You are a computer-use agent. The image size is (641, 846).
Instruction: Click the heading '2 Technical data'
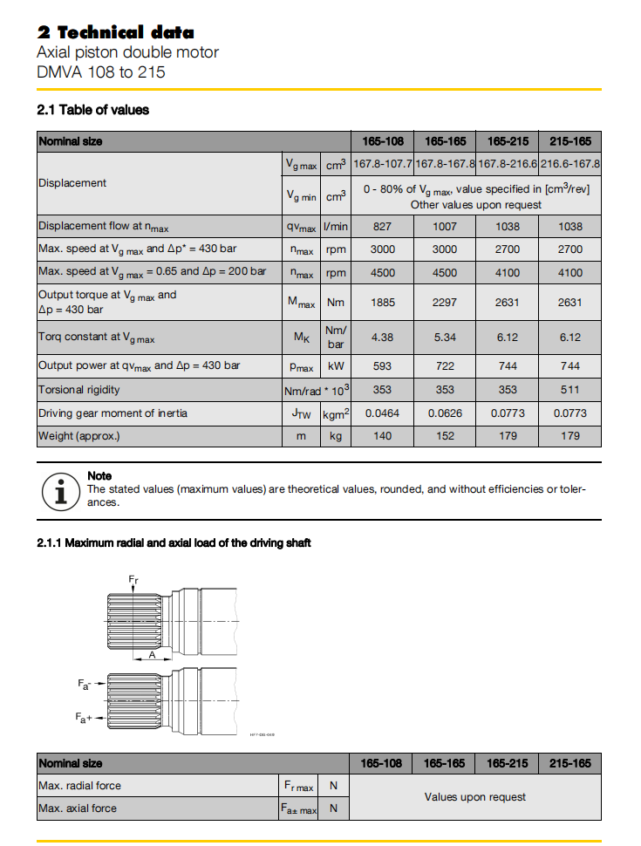coord(115,32)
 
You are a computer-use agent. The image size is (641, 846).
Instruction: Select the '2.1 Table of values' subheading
coord(92,110)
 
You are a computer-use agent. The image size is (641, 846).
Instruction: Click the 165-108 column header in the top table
coord(382,141)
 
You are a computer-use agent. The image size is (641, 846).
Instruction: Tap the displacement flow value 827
coord(382,226)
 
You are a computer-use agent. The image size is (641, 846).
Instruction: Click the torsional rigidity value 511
coord(570,390)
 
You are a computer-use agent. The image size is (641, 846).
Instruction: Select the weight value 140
coord(382,435)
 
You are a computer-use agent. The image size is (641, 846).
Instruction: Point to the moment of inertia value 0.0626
coord(445,413)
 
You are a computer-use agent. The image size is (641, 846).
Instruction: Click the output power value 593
coord(382,366)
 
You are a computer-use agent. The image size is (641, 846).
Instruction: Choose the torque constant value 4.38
coord(382,337)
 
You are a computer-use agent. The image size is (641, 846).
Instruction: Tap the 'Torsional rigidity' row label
coord(79,390)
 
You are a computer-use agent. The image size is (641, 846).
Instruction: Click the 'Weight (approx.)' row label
coord(79,435)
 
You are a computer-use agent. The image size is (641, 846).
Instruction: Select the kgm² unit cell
coord(336,413)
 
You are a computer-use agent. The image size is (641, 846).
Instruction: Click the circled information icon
coord(58,491)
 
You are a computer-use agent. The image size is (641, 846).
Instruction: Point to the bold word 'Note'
coord(99,476)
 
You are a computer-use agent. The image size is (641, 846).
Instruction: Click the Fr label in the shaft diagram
coord(133,578)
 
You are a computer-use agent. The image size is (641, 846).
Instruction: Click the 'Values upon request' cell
coord(475,797)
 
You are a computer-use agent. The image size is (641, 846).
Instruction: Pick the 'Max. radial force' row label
coord(79,786)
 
